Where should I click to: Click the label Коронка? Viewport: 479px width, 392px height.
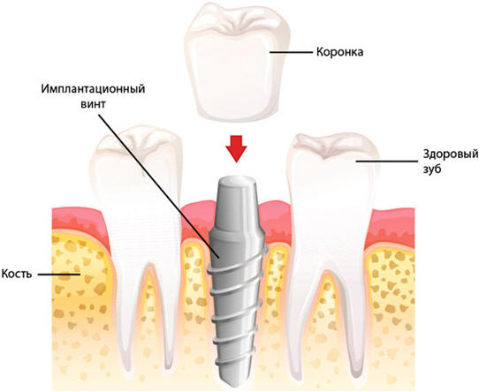pyautogui.click(x=339, y=52)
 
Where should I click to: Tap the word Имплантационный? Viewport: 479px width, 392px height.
pyautogui.click(x=93, y=89)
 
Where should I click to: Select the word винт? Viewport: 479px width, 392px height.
pyautogui.click(x=93, y=104)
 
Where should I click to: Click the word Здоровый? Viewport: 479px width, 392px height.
pyautogui.click(x=451, y=155)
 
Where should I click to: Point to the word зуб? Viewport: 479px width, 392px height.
pyautogui.click(x=432, y=169)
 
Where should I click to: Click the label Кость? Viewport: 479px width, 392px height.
pyautogui.click(x=17, y=274)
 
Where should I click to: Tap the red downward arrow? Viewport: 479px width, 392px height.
pyautogui.click(x=236, y=148)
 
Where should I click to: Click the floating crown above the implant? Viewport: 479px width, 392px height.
pyautogui.click(x=238, y=63)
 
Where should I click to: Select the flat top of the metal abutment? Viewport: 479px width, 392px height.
pyautogui.click(x=237, y=181)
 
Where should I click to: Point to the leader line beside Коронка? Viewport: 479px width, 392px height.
pyautogui.click(x=292, y=52)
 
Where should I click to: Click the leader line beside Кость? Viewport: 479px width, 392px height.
pyautogui.click(x=59, y=275)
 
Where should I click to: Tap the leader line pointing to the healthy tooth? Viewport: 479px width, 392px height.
pyautogui.click(x=386, y=161)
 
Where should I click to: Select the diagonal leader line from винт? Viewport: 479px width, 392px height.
pyautogui.click(x=159, y=186)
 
